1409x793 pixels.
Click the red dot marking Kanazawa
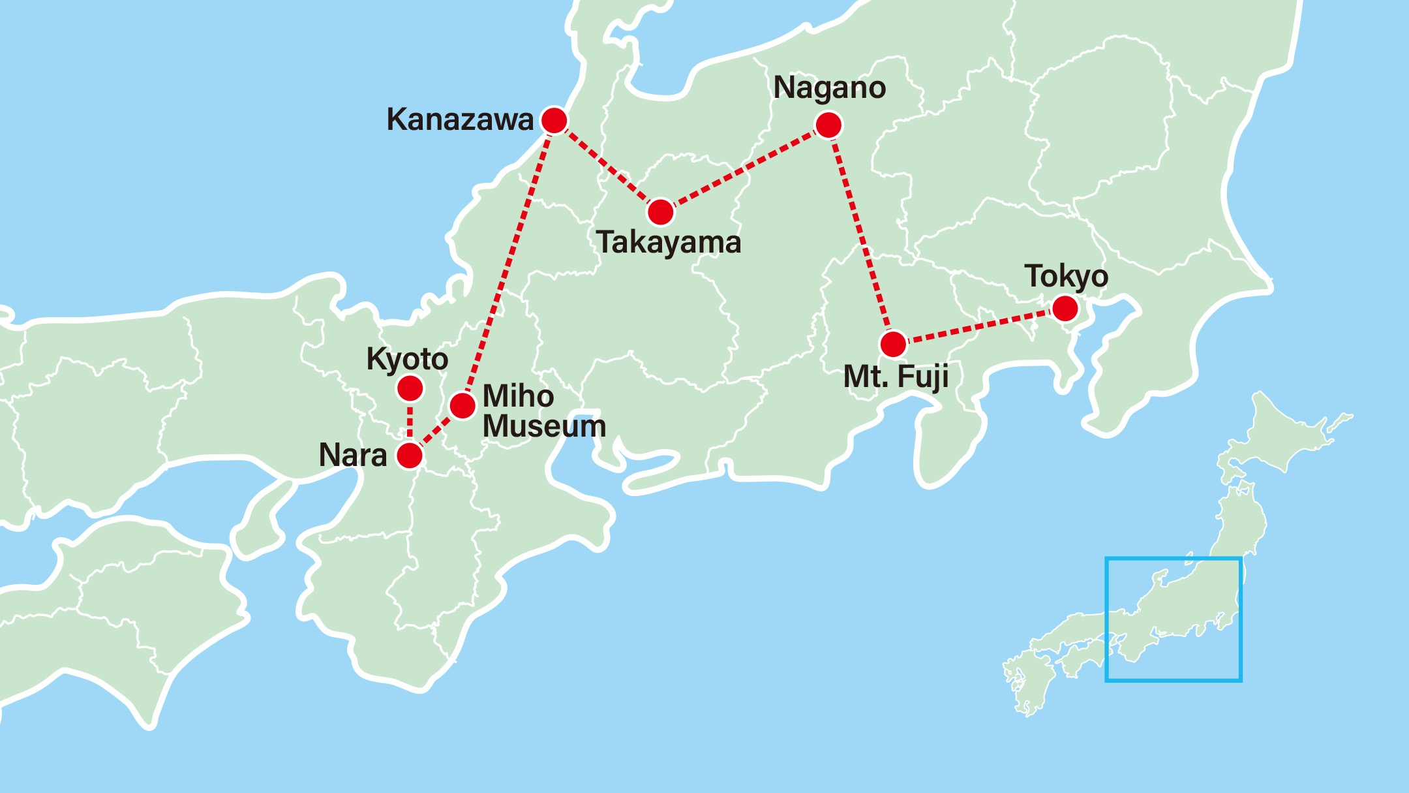pyautogui.click(x=554, y=121)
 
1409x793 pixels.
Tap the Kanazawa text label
pyautogui.click(x=460, y=119)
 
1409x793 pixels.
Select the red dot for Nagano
pyautogui.click(x=828, y=125)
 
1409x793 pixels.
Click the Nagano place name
pyautogui.click(x=829, y=87)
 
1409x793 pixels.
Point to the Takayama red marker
pyautogui.click(x=661, y=212)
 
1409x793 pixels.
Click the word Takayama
pyautogui.click(x=669, y=243)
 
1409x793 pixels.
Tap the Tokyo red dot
pyautogui.click(x=1065, y=308)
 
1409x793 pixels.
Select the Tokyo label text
pyautogui.click(x=1066, y=276)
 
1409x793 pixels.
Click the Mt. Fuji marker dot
pyautogui.click(x=893, y=344)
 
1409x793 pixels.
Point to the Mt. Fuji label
pyautogui.click(x=896, y=377)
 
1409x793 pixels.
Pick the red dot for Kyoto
pyautogui.click(x=410, y=389)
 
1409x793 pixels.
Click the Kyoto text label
pyautogui.click(x=407, y=359)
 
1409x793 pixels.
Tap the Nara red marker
pyautogui.click(x=410, y=456)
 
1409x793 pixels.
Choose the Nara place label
pyautogui.click(x=353, y=455)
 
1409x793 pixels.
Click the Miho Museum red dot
pyautogui.click(x=462, y=405)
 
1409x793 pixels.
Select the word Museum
pyautogui.click(x=544, y=426)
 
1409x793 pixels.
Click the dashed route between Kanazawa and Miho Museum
pyautogui.click(x=509, y=261)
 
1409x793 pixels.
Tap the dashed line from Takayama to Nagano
pyautogui.click(x=744, y=168)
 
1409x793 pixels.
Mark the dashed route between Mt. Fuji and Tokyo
pyautogui.click(x=978, y=326)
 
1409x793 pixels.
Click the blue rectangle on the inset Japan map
pyautogui.click(x=1173, y=558)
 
